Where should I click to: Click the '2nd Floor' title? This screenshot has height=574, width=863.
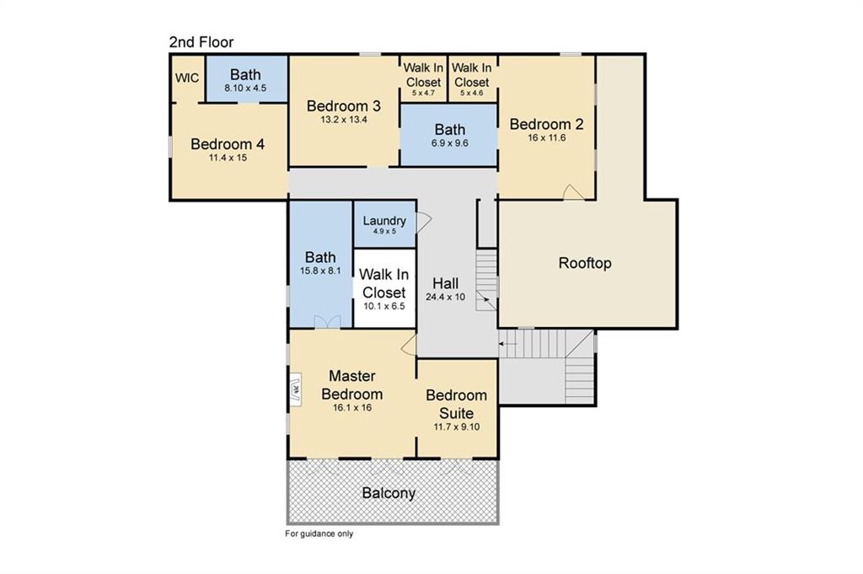coord(201,42)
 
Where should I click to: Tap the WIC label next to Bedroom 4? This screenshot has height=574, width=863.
coord(187,78)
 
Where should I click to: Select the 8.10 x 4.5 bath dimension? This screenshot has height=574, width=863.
coord(245,88)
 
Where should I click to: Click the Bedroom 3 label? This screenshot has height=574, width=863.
coord(344,105)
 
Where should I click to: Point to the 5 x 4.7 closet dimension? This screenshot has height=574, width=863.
coord(423,93)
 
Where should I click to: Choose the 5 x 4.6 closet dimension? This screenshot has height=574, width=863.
coord(472,93)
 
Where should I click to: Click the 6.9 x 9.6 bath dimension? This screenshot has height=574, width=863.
coord(450,143)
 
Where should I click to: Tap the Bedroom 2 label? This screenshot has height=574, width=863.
coord(546,125)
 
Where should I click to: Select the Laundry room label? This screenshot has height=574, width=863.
coord(384,221)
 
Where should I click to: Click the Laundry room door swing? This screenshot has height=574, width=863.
coord(424,222)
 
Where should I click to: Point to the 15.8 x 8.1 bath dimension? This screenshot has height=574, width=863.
coord(320,271)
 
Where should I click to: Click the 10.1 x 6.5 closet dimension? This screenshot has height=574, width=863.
coord(384,306)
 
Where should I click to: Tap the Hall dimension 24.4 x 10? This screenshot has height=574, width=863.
coord(445,298)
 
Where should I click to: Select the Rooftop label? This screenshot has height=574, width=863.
coord(585,263)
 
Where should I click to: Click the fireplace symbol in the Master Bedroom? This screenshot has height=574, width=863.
coord(296,390)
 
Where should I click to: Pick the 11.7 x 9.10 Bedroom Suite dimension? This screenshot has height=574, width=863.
coord(456,427)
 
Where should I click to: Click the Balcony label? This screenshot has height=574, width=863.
coord(389,493)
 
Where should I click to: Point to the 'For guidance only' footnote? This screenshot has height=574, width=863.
coord(319,534)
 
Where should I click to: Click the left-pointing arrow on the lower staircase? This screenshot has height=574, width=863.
coord(508,344)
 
